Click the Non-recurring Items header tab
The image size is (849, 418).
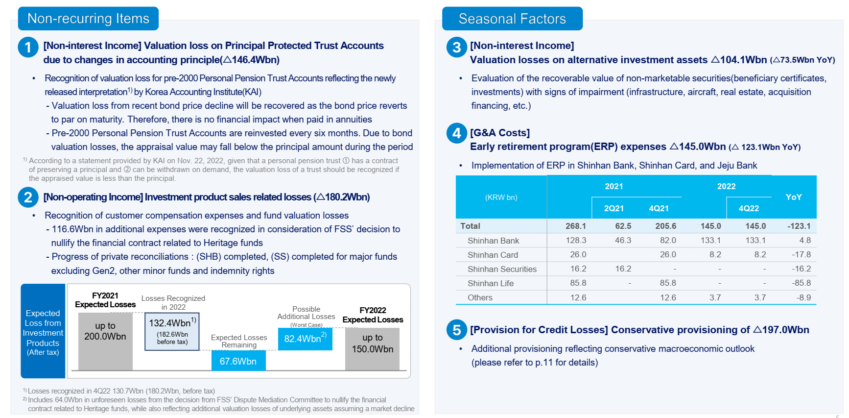point(88,19)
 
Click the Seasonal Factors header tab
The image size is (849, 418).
point(512,19)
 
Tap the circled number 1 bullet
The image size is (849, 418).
point(28,48)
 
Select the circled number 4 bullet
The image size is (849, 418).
point(456,133)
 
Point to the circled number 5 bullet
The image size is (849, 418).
point(456,330)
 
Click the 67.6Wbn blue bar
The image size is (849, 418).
point(238,361)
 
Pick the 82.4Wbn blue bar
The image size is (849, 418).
point(305,339)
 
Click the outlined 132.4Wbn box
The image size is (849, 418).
point(172,332)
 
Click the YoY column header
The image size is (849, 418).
point(793,197)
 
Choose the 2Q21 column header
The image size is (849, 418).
point(613,208)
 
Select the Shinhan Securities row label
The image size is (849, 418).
point(502,269)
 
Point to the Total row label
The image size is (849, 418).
point(470,226)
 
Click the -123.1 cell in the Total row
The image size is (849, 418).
point(799,226)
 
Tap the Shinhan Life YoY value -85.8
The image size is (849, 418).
point(801,283)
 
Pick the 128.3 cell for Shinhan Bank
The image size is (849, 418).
point(576,240)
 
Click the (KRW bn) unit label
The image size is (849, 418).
point(501,197)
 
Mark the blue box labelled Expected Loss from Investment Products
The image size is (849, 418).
point(43,331)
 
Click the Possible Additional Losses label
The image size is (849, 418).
point(306,313)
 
